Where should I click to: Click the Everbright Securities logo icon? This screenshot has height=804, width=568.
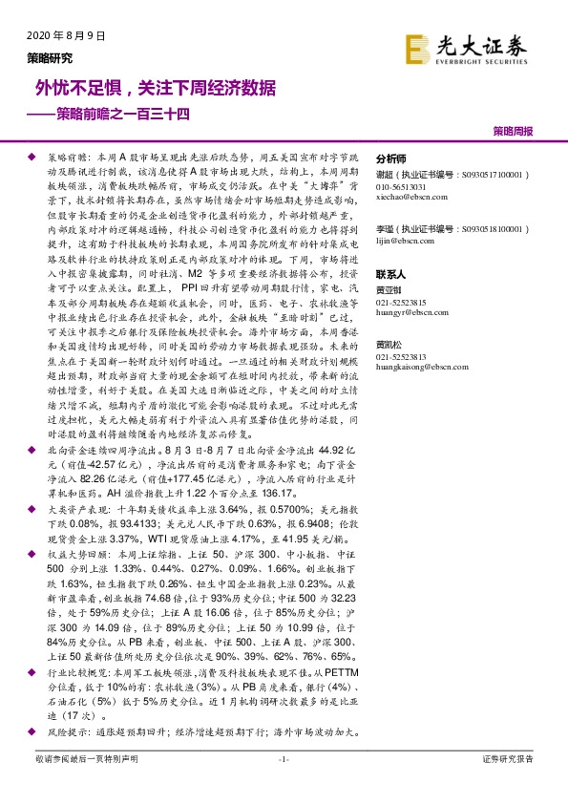coord(417,49)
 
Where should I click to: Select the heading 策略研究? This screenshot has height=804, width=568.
coord(49,57)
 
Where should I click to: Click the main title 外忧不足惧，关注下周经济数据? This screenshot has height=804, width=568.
coord(156,88)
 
